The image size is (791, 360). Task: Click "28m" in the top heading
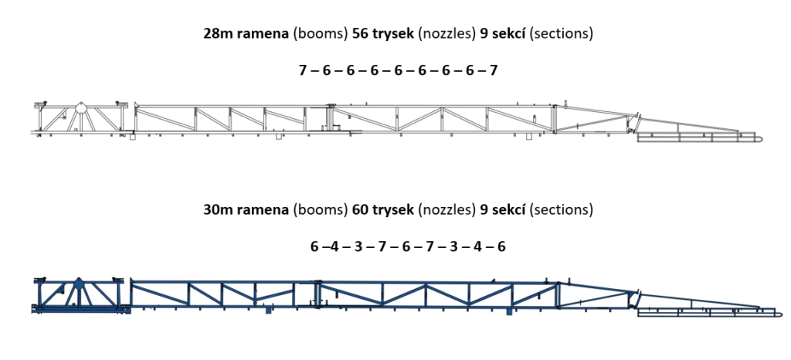click(x=217, y=34)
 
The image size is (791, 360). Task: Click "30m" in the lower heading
click(x=217, y=209)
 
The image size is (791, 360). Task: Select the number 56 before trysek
click(x=362, y=34)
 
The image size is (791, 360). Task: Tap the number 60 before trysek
click(x=362, y=209)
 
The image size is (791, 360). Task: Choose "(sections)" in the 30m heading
click(x=561, y=210)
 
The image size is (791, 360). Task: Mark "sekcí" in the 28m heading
click(x=508, y=34)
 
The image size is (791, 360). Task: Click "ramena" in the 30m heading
click(x=263, y=210)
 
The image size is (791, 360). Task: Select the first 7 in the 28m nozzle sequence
click(x=303, y=70)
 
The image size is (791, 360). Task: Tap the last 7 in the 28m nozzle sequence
click(x=494, y=70)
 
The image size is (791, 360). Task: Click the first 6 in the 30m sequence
click(x=315, y=246)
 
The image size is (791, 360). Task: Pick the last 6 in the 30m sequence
click(x=501, y=246)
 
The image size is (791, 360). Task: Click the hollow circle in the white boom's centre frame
click(x=80, y=108)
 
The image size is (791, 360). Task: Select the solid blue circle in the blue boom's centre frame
click(x=78, y=284)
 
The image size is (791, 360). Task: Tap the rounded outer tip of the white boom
click(x=762, y=138)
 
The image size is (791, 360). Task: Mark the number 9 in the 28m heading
click(x=484, y=34)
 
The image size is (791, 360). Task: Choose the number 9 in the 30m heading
click(x=484, y=209)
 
